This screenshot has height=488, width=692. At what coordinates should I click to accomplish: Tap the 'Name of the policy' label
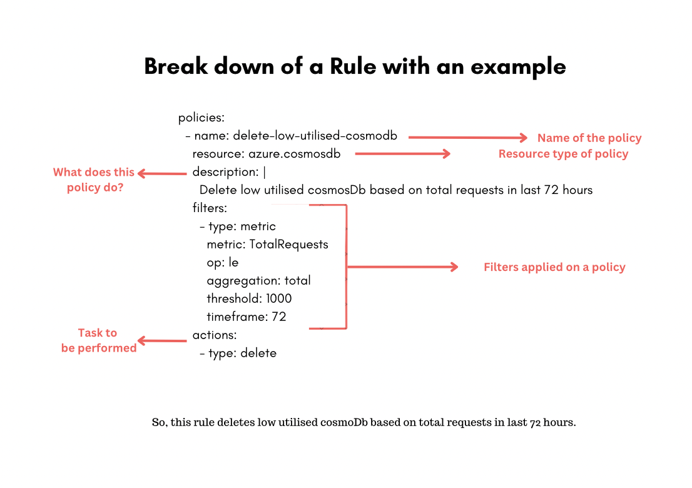pyautogui.click(x=589, y=138)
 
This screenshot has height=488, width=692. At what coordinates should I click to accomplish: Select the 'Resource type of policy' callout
pyautogui.click(x=563, y=154)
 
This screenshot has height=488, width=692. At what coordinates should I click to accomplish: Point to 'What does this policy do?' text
pyautogui.click(x=94, y=180)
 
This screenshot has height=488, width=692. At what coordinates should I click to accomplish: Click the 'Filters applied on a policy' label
pyautogui.click(x=554, y=267)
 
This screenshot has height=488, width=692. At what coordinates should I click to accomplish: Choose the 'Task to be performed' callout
pyautogui.click(x=98, y=340)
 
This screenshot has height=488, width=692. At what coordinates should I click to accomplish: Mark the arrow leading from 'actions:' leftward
pyautogui.click(x=162, y=341)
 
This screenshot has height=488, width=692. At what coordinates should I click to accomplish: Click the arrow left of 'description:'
pyautogui.click(x=162, y=173)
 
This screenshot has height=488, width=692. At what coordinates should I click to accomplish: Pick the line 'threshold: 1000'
pyautogui.click(x=249, y=298)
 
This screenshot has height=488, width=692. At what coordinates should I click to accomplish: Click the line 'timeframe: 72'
pyautogui.click(x=247, y=317)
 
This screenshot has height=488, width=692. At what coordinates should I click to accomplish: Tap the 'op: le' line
pyautogui.click(x=223, y=262)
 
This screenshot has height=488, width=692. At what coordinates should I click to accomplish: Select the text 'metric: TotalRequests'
pyautogui.click(x=267, y=244)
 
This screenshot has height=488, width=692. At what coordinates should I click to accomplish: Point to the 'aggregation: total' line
pyautogui.click(x=258, y=280)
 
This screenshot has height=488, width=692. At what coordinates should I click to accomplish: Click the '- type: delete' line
pyautogui.click(x=238, y=353)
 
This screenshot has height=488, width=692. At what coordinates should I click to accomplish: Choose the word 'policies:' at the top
pyautogui.click(x=201, y=118)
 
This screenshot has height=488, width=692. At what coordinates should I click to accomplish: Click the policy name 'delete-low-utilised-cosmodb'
pyautogui.click(x=315, y=136)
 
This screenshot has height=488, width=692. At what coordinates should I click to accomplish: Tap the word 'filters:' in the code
pyautogui.click(x=210, y=208)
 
